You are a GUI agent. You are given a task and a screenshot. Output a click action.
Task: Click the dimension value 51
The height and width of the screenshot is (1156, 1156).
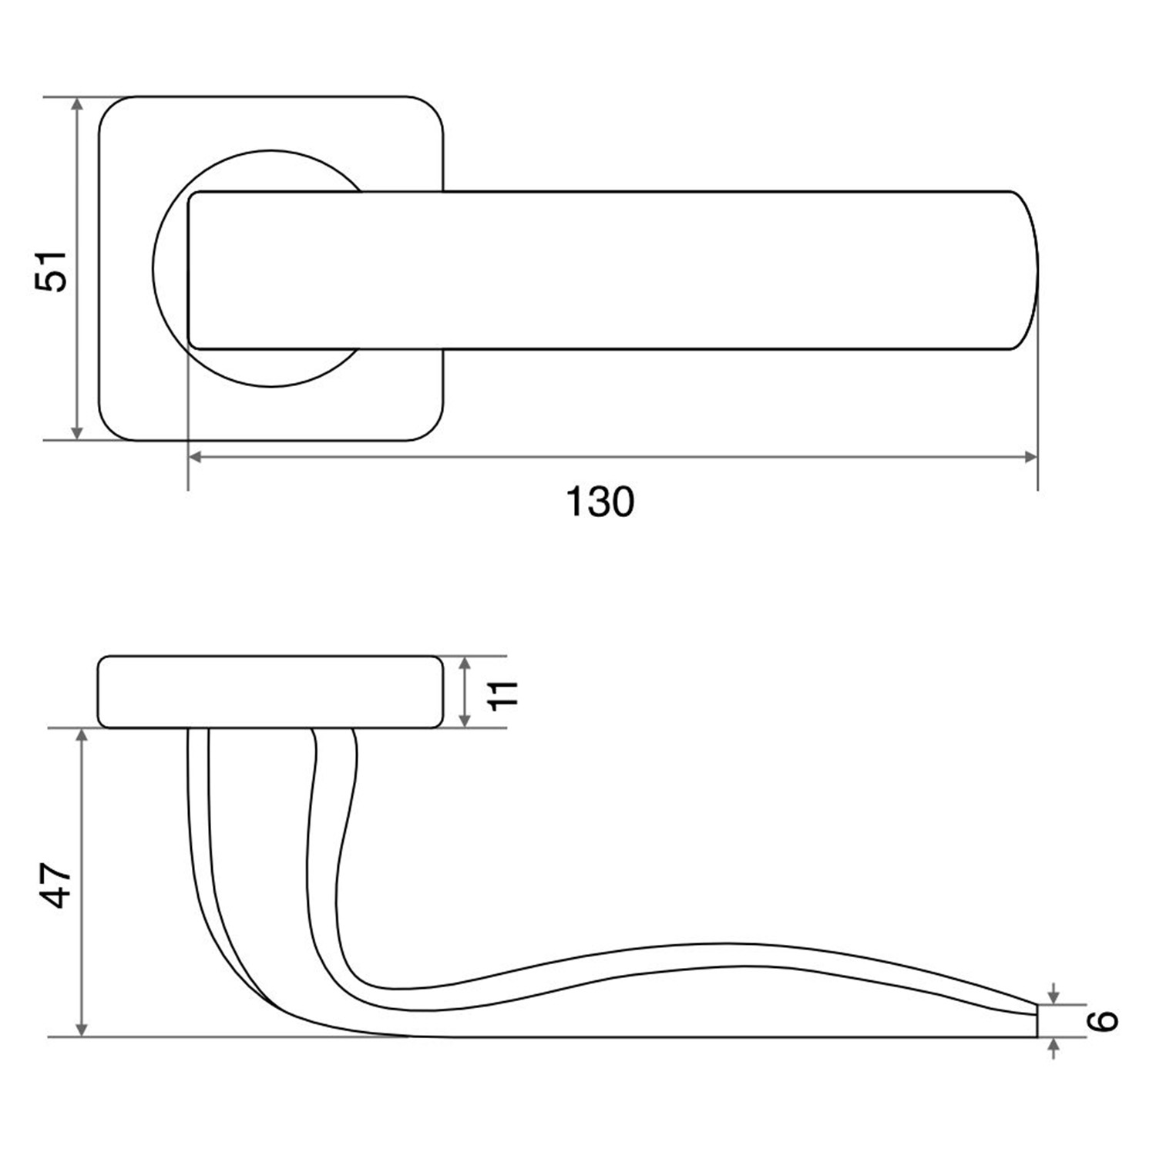52,271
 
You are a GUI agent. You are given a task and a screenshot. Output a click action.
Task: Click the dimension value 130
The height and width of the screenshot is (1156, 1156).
600,502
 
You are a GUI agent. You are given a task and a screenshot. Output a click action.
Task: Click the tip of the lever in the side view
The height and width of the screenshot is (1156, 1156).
1037,1020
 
